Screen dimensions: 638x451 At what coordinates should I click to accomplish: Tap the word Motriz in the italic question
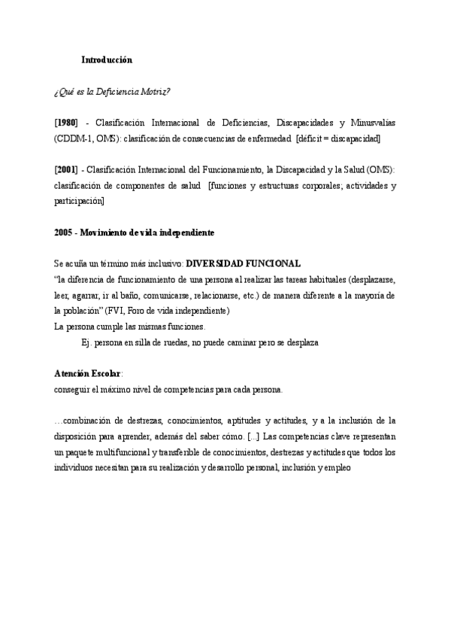click(x=154, y=92)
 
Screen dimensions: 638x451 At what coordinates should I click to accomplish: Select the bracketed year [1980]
click(x=66, y=123)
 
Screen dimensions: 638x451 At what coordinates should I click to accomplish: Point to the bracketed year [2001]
click(x=66, y=171)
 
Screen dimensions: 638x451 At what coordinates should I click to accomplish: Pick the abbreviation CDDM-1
click(x=74, y=139)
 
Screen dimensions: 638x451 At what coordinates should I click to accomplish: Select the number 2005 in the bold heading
click(x=64, y=233)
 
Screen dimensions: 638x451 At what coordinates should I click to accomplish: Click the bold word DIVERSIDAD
click(x=218, y=263)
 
